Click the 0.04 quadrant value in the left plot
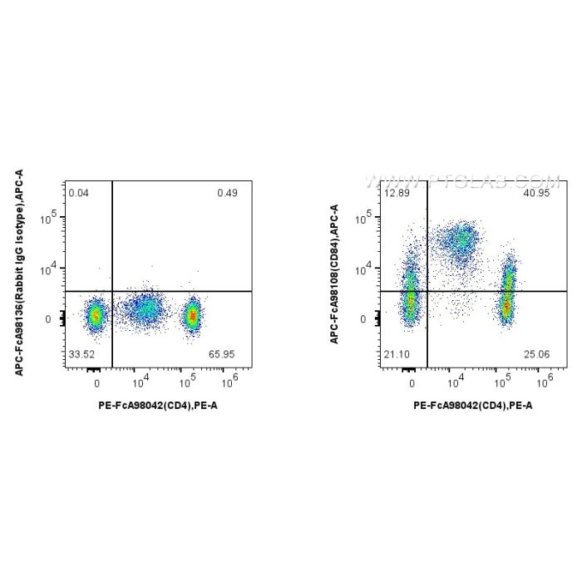[x=79, y=193]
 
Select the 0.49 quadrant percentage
[x=227, y=193]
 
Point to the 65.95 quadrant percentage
[x=224, y=355]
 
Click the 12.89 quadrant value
[x=397, y=193]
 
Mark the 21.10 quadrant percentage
[x=397, y=355]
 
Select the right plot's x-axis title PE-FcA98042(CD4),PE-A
[x=473, y=406]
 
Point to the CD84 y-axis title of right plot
[x=334, y=274]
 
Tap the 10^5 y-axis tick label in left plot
[x=51, y=218]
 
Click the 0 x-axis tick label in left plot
[x=97, y=385]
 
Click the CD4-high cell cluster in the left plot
[x=193, y=315]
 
